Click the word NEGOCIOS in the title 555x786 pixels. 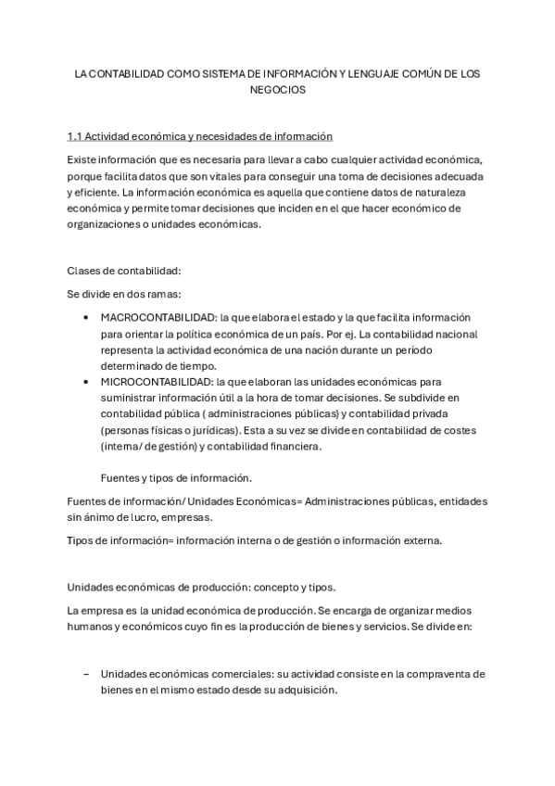277,91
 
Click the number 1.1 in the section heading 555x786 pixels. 74,136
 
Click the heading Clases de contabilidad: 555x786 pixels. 124,271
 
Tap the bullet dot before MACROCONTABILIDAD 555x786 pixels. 86,318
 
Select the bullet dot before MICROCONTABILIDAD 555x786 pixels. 86,382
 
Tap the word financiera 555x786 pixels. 293,446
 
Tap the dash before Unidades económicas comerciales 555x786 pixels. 86,674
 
